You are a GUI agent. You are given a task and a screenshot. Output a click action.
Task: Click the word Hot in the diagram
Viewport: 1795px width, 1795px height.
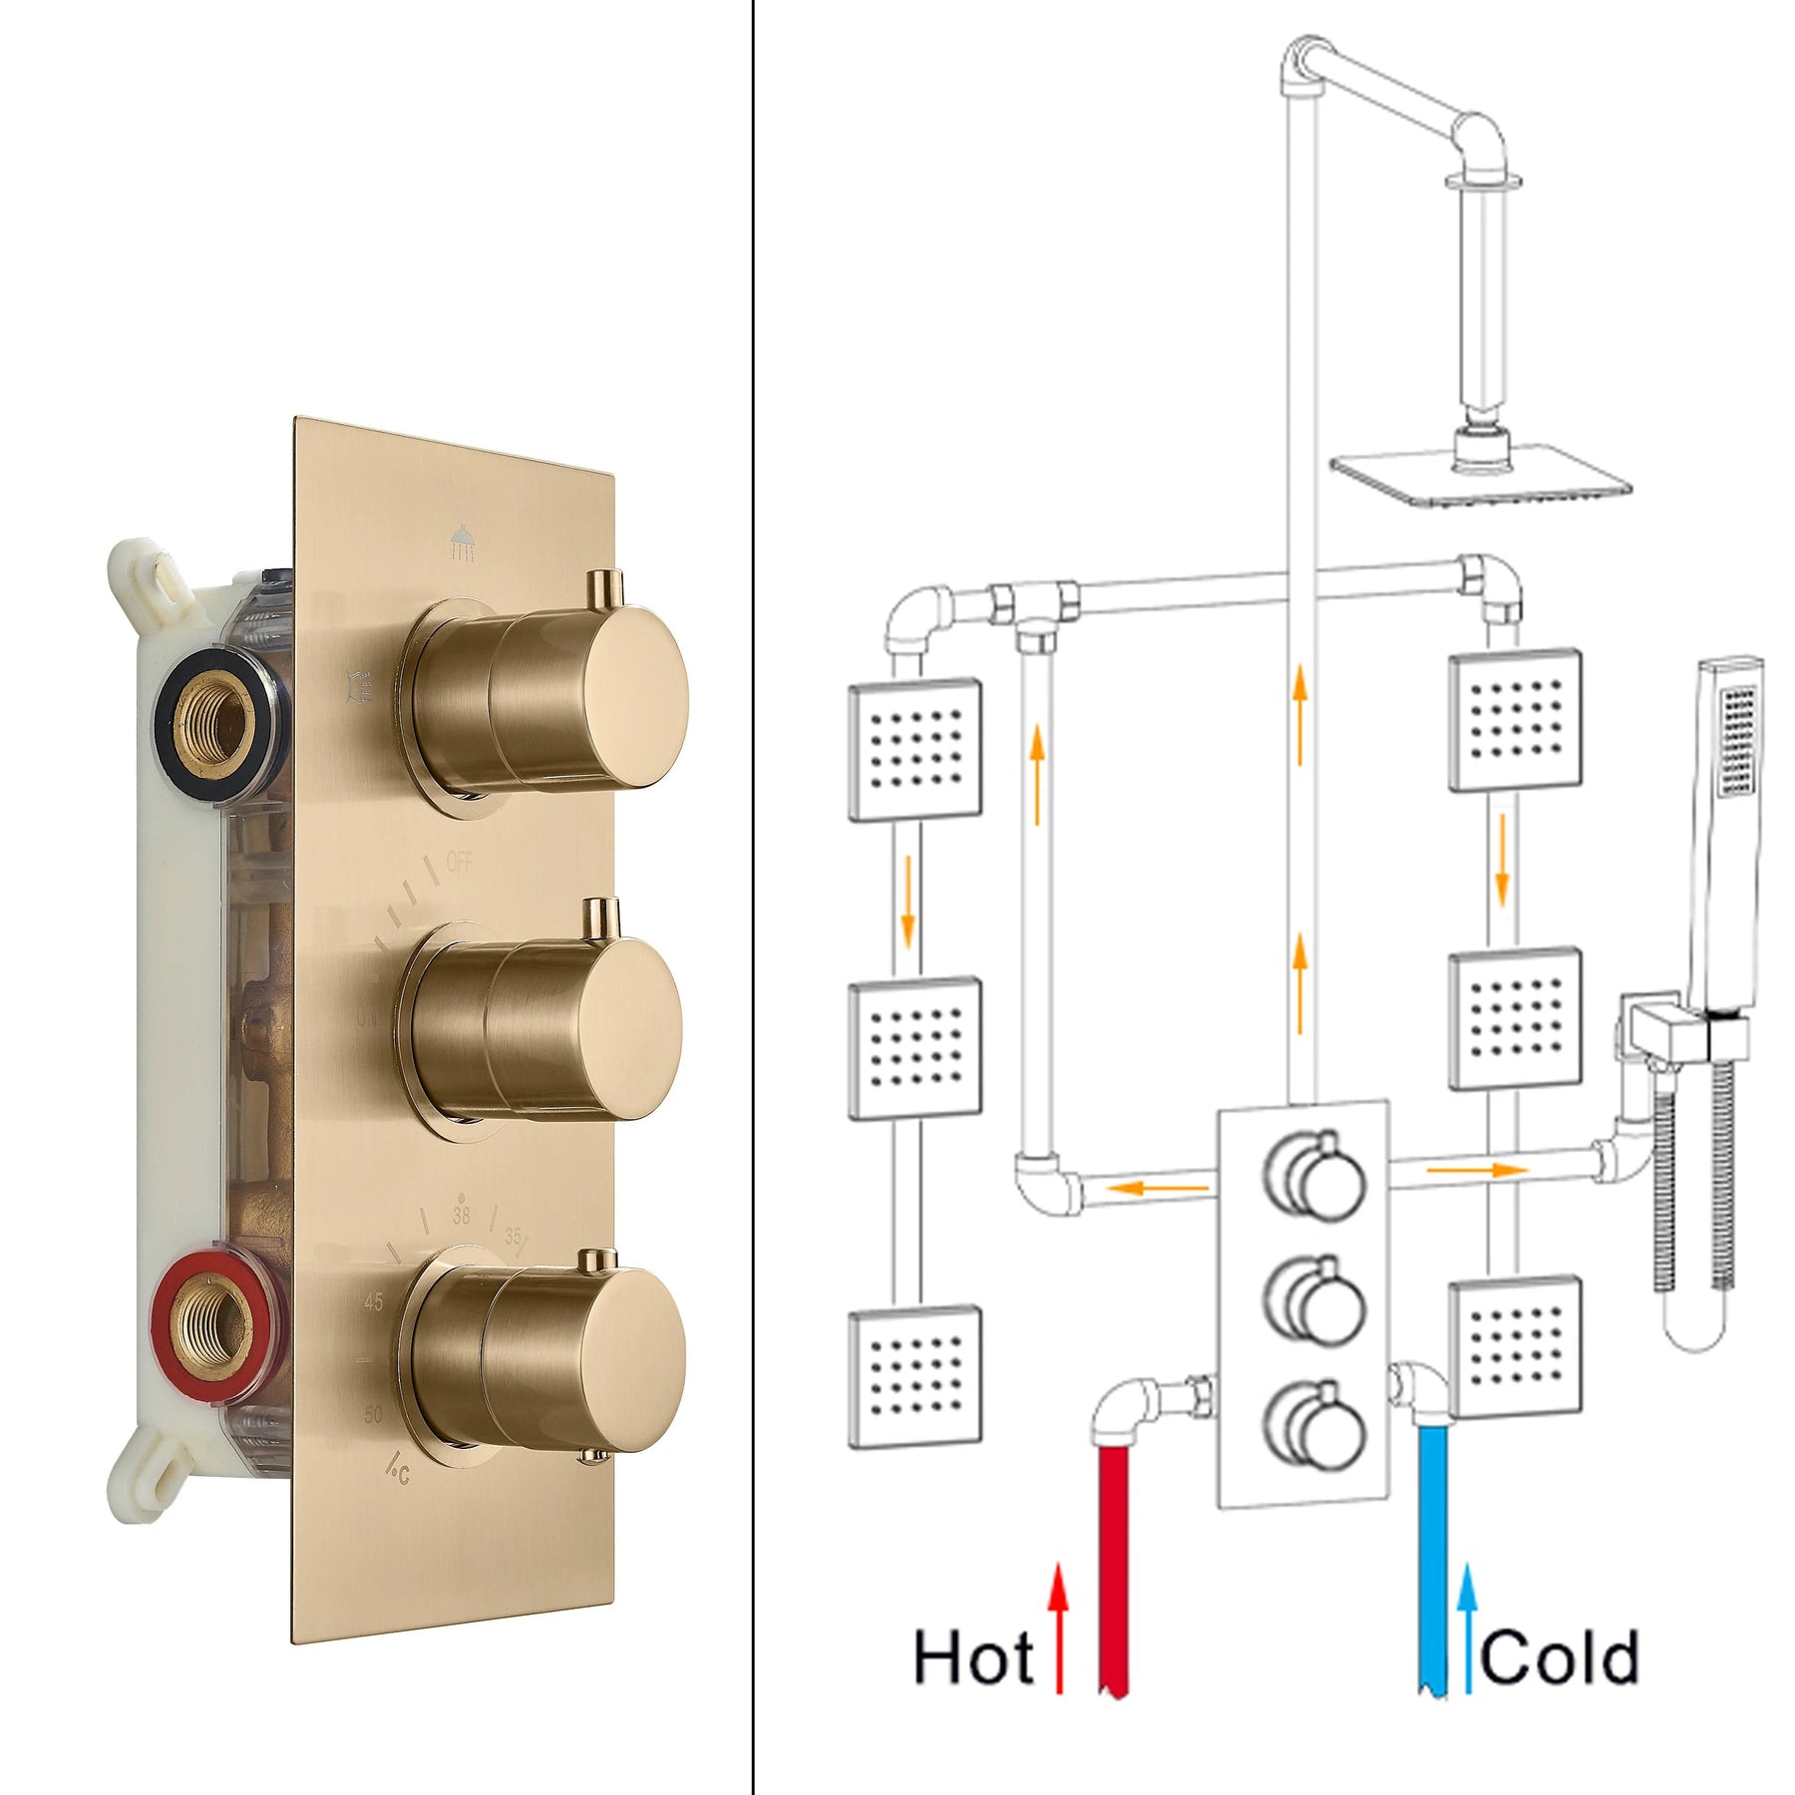(x=972, y=1658)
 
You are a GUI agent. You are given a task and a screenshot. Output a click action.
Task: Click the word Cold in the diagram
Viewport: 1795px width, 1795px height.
(x=1558, y=1659)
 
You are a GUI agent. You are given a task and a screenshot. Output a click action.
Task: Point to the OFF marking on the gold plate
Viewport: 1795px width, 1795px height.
(x=459, y=863)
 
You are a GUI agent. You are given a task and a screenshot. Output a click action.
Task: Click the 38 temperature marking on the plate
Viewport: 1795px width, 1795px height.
(x=461, y=1216)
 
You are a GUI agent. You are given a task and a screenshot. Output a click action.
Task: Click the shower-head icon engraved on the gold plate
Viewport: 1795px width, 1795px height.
(x=462, y=544)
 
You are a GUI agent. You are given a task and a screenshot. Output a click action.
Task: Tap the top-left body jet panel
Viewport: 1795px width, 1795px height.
(x=914, y=749)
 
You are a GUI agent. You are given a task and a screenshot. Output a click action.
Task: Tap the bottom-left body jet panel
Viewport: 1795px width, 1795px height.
(x=914, y=1376)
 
